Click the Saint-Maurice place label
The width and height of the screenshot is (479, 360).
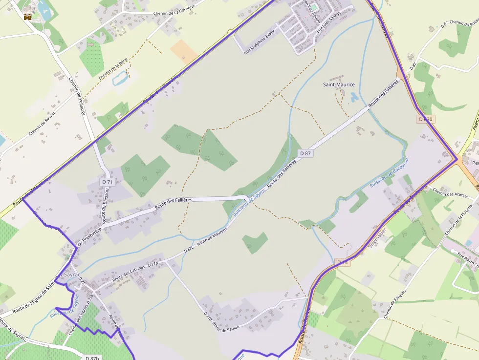pos(339,85)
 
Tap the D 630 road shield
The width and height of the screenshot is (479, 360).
pos(426,119)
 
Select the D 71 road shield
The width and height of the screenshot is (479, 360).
pos(107,182)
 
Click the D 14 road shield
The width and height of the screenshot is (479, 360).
pos(343,262)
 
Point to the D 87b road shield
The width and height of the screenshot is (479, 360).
pos(92,358)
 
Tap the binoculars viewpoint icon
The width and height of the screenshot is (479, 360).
pos(27,17)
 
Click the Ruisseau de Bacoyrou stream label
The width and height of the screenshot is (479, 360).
pos(389,173)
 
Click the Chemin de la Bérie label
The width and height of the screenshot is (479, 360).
pos(113,68)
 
